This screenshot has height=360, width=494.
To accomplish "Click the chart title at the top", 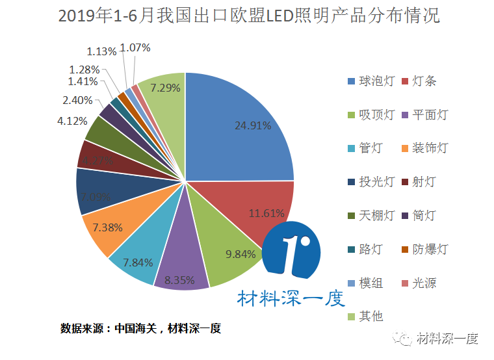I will pyautogui.click(x=249, y=16).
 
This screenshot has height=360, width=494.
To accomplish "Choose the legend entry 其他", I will pyautogui.click(x=371, y=316).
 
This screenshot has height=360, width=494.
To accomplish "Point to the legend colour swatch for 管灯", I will pyautogui.click(x=351, y=148).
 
